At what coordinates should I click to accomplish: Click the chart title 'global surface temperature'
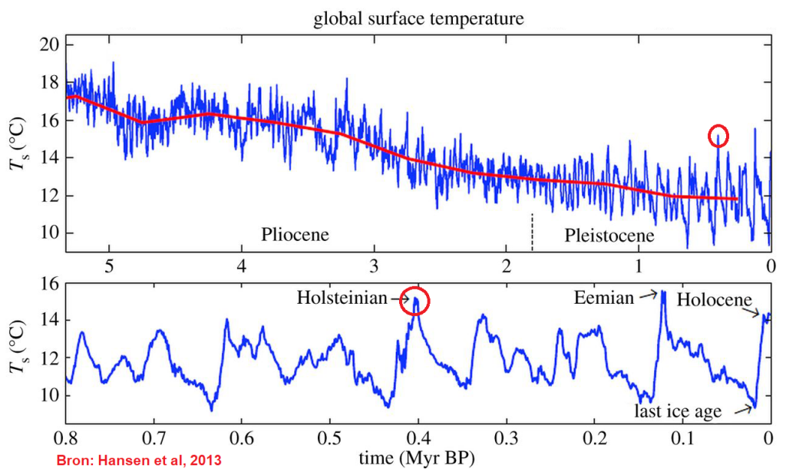(418, 19)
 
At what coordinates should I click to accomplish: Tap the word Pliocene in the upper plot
(295, 234)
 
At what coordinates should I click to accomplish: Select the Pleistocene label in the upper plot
(609, 235)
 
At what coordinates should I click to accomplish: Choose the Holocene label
(714, 300)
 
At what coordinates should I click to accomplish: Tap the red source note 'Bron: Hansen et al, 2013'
(137, 461)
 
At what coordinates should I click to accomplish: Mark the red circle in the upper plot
(718, 137)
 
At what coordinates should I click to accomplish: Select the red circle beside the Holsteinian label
(415, 302)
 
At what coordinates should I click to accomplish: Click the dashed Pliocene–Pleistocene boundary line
(532, 231)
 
